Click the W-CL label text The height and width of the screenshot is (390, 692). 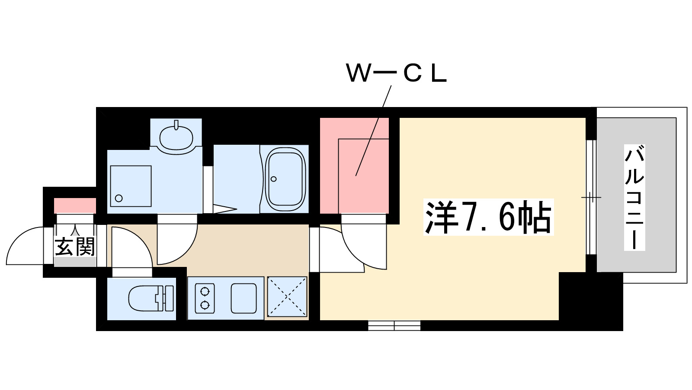[396, 74]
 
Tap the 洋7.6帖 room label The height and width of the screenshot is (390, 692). [488, 217]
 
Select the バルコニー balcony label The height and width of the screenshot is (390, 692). [634, 198]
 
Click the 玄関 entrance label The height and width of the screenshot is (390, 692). [74, 247]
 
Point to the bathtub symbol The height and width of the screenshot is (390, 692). [285, 179]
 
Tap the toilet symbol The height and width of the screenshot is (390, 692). [151, 298]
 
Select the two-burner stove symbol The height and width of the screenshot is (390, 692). [205, 298]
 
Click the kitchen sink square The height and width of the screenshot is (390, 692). [243, 298]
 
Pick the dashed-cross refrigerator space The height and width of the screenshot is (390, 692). [287, 297]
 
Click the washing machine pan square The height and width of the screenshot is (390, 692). [130, 186]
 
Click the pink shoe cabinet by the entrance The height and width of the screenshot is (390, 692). [75, 205]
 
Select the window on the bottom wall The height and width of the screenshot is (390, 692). [394, 325]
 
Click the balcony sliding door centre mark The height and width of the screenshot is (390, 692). [591, 198]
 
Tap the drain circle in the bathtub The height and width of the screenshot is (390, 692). [273, 179]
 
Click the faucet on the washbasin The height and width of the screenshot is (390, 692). [176, 126]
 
